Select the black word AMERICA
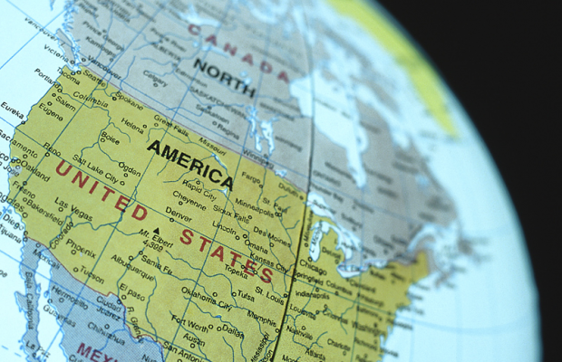189,160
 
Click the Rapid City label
201,193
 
